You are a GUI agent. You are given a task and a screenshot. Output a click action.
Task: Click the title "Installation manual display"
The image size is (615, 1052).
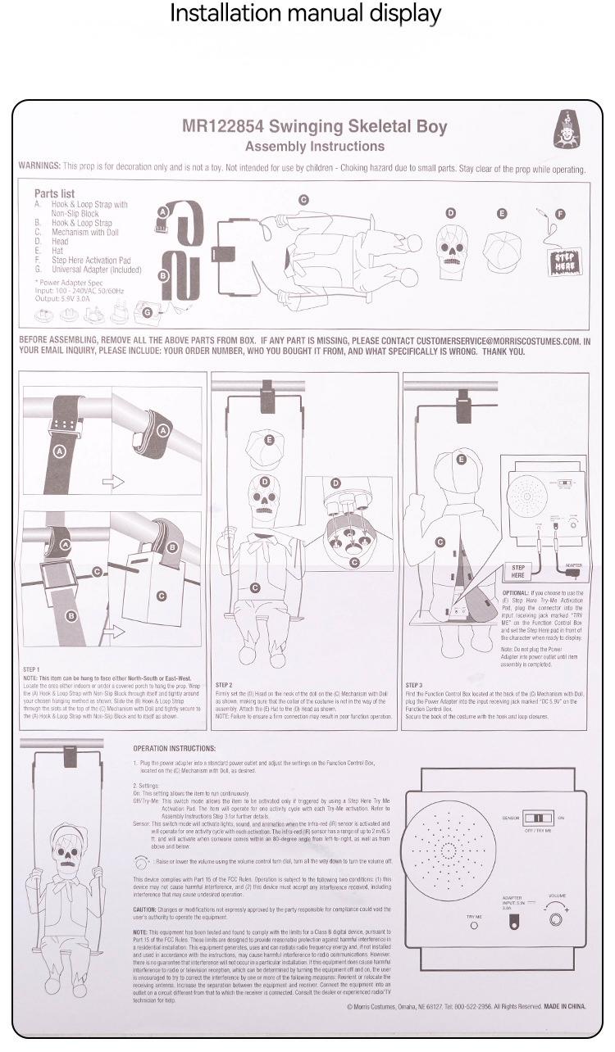(305, 14)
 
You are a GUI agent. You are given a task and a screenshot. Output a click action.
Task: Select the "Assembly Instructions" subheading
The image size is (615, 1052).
(314, 147)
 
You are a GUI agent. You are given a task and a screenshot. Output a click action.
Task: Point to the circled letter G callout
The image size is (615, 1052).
(148, 311)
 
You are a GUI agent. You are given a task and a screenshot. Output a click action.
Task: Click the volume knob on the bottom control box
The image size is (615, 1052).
(558, 919)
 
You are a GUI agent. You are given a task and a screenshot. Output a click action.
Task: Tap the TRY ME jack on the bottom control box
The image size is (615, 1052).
(474, 925)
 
